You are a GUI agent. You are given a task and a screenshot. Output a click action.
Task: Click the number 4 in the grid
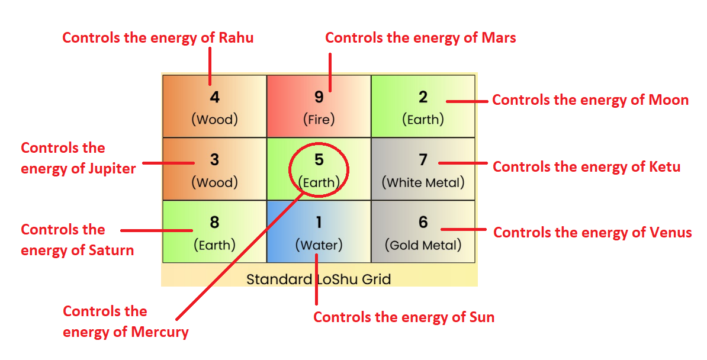214,97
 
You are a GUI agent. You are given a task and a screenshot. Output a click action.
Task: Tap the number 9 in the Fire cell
319,97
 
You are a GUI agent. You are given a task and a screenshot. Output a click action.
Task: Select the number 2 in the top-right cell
423,97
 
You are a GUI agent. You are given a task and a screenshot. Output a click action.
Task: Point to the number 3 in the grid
214,160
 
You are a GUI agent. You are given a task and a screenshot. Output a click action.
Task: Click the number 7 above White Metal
423,160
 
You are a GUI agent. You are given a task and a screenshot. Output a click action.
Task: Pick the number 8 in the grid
214,222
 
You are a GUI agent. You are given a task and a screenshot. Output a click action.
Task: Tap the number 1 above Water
319,222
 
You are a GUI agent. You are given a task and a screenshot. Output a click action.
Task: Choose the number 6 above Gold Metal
423,222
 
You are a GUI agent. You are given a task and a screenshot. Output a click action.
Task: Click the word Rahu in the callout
236,38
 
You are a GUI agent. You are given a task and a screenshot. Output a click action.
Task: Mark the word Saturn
111,250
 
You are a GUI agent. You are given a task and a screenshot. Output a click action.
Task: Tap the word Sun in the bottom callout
481,317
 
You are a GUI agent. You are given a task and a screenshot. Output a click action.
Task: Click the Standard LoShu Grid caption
319,279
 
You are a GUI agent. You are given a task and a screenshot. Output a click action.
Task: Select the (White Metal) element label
423,182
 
